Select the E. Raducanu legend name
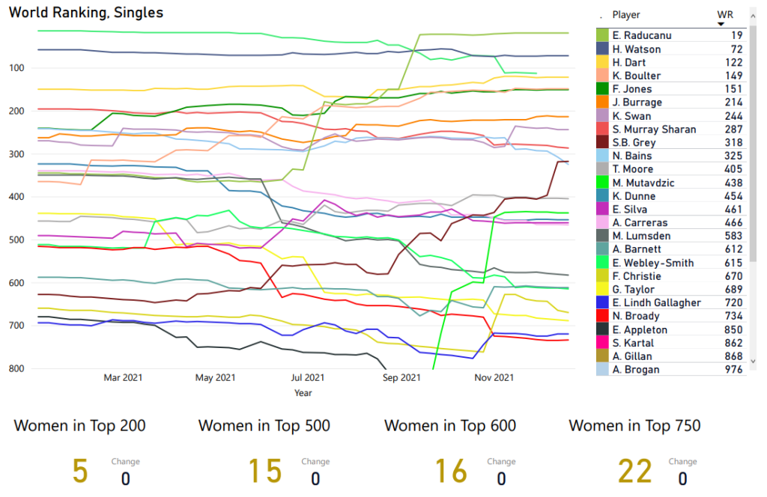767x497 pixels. tap(641, 36)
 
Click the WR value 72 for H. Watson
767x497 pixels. tap(736, 49)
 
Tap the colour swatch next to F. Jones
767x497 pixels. tap(602, 89)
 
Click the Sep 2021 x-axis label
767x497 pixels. tap(401, 378)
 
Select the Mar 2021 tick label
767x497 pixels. tap(122, 378)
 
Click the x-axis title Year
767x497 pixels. tap(303, 392)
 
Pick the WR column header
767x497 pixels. tap(724, 14)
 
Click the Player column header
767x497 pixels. tap(626, 15)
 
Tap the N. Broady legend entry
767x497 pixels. tap(635, 317)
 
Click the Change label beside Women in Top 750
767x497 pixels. tap(682, 462)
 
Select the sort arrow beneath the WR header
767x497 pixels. tap(721, 24)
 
